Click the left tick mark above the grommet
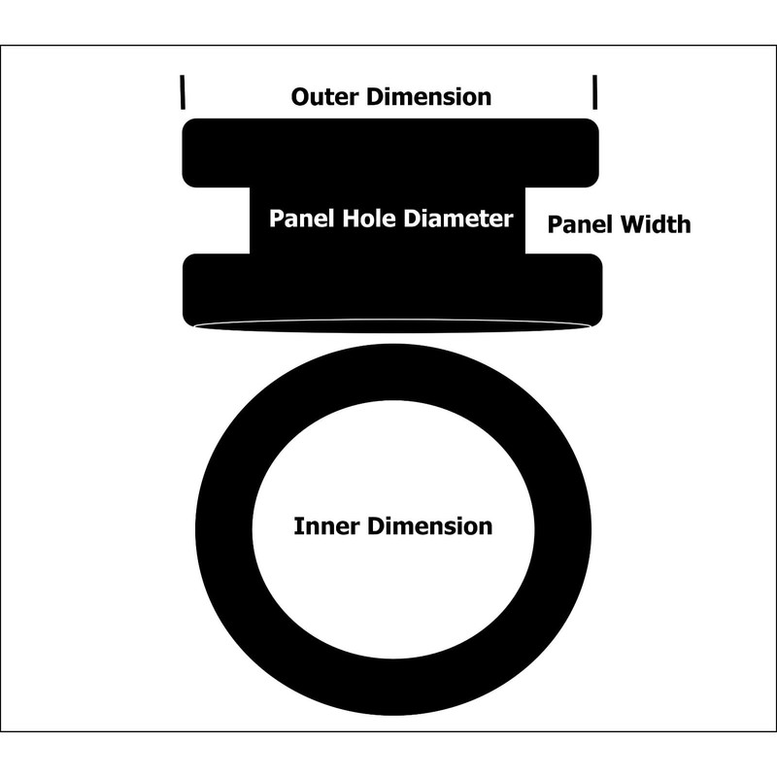point(181,94)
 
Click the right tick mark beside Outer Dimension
point(594,94)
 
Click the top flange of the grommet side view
point(388,151)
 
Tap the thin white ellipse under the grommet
point(392,326)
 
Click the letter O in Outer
point(300,97)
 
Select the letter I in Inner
point(297,527)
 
